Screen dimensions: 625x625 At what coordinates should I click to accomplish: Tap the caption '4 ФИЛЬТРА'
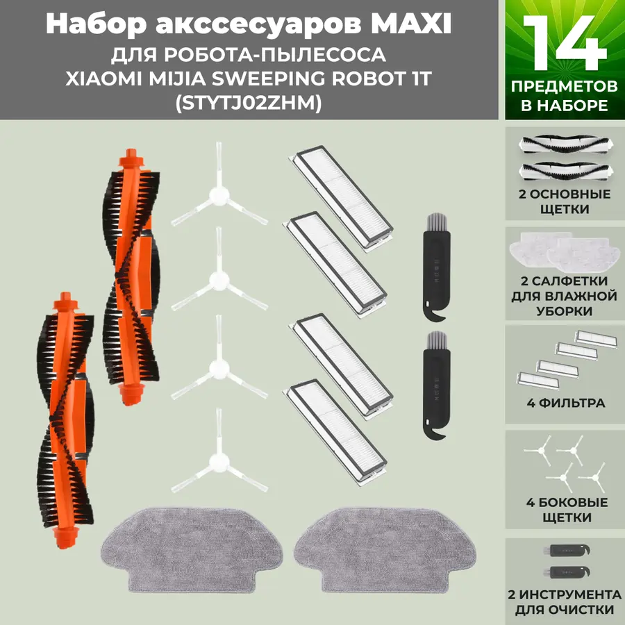pyautogui.click(x=562, y=403)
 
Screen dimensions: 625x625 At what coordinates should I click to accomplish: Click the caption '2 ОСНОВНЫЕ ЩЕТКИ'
pyautogui.click(x=565, y=201)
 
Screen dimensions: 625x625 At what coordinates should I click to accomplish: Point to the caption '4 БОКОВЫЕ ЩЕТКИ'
pyautogui.click(x=564, y=510)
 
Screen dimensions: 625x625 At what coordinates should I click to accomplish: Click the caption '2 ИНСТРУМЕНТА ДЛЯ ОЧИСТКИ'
pyautogui.click(x=564, y=603)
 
